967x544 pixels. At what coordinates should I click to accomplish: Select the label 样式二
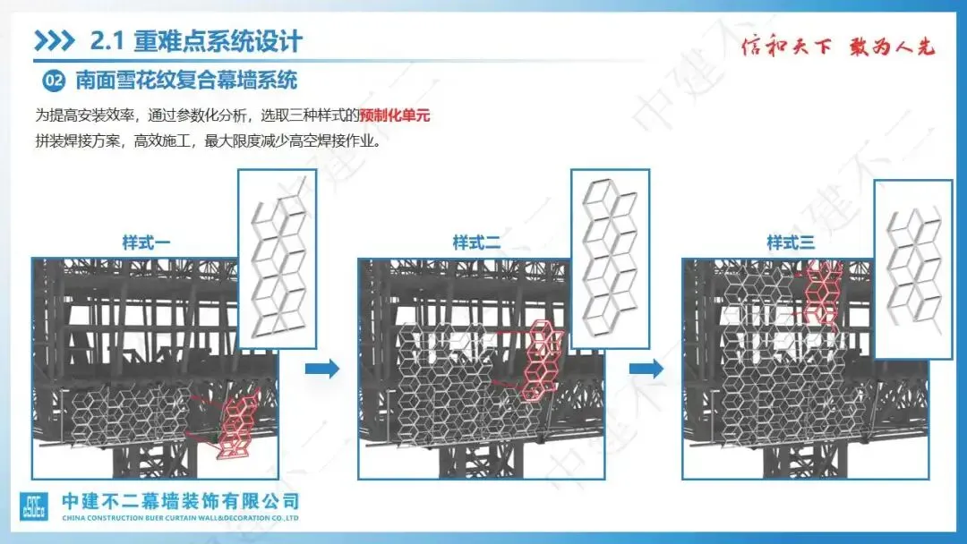click(476, 242)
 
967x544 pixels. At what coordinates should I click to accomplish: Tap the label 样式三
click(791, 242)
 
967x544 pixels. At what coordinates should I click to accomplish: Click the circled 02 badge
click(55, 81)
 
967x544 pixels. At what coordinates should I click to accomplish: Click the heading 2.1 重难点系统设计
click(197, 41)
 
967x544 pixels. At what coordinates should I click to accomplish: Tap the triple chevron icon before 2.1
click(54, 41)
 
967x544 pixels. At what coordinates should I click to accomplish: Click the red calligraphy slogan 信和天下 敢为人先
click(838, 47)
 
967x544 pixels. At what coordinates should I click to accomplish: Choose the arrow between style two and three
click(646, 369)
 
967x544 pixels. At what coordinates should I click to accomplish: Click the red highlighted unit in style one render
click(236, 423)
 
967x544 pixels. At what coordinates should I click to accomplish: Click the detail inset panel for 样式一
click(278, 259)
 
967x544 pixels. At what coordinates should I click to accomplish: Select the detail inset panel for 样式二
click(610, 258)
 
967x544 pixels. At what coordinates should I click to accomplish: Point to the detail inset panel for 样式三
click(913, 268)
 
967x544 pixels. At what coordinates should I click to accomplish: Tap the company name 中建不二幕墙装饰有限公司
click(180, 501)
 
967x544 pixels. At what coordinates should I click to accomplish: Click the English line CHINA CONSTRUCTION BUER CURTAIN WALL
click(180, 518)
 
